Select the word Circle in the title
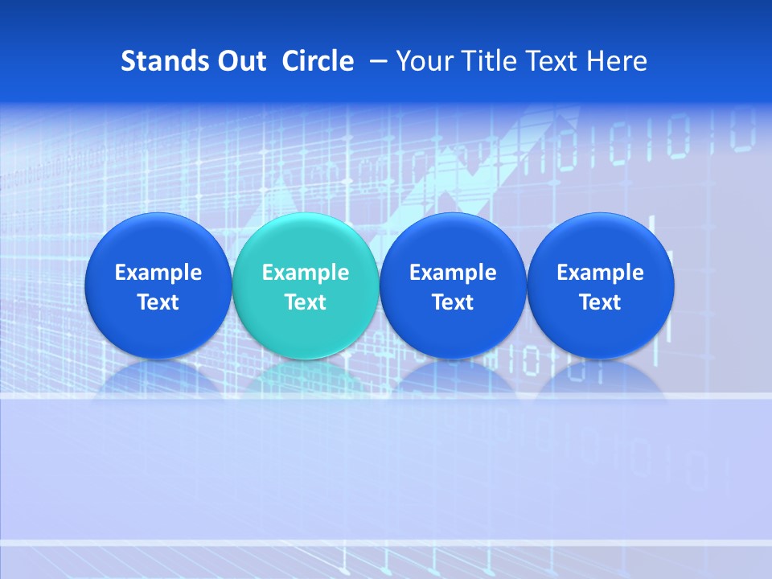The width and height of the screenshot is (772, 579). coord(318,61)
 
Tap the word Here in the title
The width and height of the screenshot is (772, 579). coord(615,61)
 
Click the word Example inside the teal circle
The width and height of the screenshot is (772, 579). coord(306,273)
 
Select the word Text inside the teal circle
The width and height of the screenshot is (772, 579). coord(306,302)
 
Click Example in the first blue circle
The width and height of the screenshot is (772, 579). coord(158,273)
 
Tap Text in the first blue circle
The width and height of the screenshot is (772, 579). coord(158,302)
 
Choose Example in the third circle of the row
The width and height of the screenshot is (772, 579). coord(453,273)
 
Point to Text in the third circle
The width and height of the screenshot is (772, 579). coord(453,302)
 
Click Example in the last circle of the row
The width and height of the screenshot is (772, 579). coord(600,273)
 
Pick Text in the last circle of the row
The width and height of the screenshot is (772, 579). coord(600,302)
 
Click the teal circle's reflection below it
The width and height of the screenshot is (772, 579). coord(306,376)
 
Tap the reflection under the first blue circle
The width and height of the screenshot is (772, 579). coord(158,376)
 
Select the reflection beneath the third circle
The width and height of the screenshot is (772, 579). coord(453,376)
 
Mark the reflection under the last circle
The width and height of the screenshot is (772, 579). coord(600,376)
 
